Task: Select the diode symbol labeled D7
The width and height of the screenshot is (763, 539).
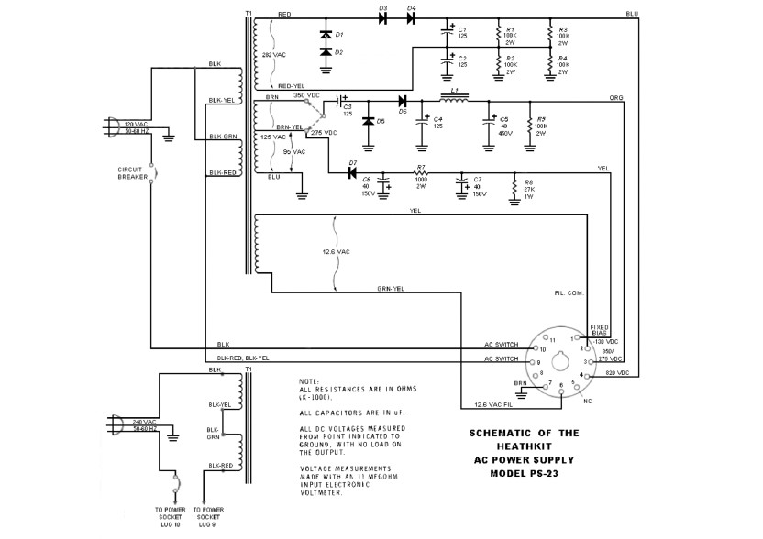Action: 352,173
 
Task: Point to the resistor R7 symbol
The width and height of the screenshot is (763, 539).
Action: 421,173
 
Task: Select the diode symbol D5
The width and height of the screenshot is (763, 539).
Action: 369,121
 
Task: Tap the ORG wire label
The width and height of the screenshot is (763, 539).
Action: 615,96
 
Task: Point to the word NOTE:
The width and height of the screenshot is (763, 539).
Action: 309,381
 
